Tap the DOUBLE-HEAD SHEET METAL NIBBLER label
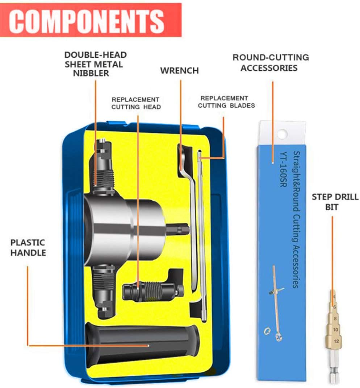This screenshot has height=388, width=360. [x=96, y=64]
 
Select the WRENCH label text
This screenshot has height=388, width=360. [x=179, y=70]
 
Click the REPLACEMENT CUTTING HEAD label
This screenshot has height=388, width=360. [x=135, y=103]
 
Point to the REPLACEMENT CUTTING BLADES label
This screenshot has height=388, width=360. [x=226, y=102]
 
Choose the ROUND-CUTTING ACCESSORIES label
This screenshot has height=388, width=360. [x=270, y=63]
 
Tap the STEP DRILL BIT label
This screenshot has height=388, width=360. [x=335, y=202]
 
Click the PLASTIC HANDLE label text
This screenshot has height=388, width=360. [x=28, y=248]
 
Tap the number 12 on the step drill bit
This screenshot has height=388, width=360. [x=336, y=341]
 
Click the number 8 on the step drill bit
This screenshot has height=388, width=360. [x=335, y=319]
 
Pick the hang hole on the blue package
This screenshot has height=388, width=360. [x=282, y=133]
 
